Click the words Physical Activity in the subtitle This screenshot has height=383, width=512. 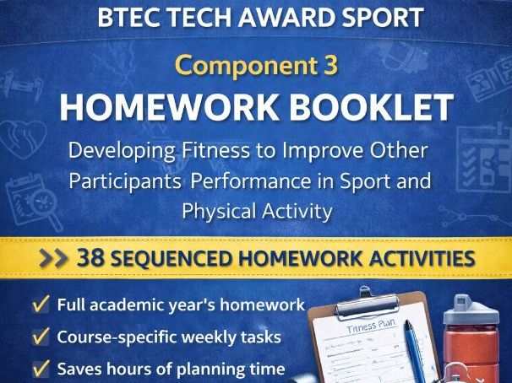[x=256, y=210]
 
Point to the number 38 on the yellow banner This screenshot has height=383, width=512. [x=90, y=257]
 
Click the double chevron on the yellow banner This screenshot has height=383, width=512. [x=57, y=258]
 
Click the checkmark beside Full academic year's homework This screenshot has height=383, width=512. [x=40, y=305]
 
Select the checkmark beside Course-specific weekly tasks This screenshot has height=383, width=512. [x=40, y=337]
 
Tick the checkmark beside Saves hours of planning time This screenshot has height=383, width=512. [x=40, y=370]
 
